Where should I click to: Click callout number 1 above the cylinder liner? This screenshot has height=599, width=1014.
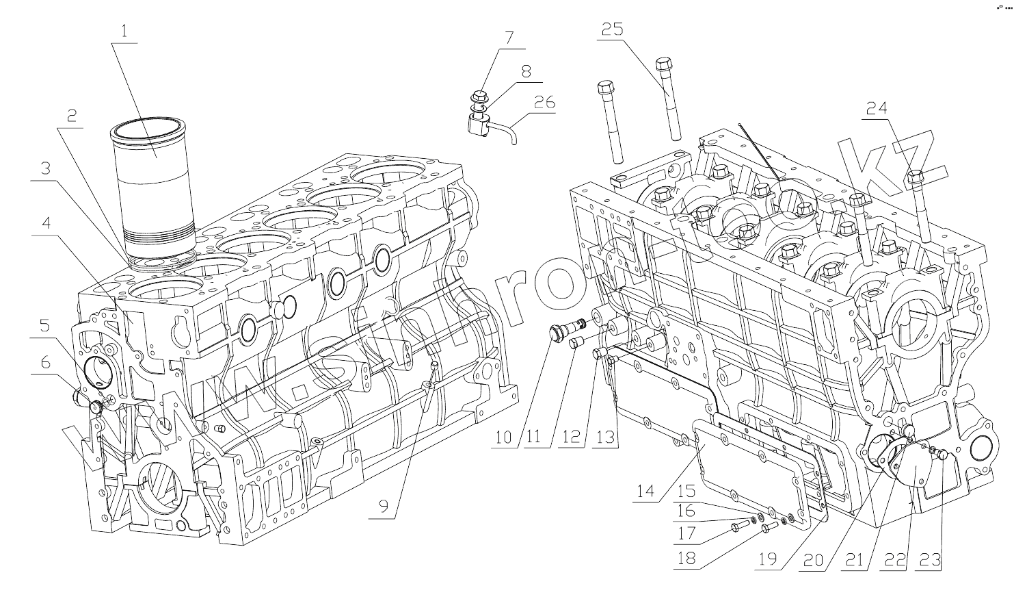(x=123, y=30)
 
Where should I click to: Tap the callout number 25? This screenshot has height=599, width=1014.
(x=612, y=29)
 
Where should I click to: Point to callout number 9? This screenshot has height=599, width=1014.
(x=384, y=507)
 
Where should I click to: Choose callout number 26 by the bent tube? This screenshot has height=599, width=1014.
(x=544, y=103)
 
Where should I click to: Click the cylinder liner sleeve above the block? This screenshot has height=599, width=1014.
(x=155, y=185)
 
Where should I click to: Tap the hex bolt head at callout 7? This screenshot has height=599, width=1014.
(x=479, y=95)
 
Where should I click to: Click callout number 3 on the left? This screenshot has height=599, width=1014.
(x=45, y=168)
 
